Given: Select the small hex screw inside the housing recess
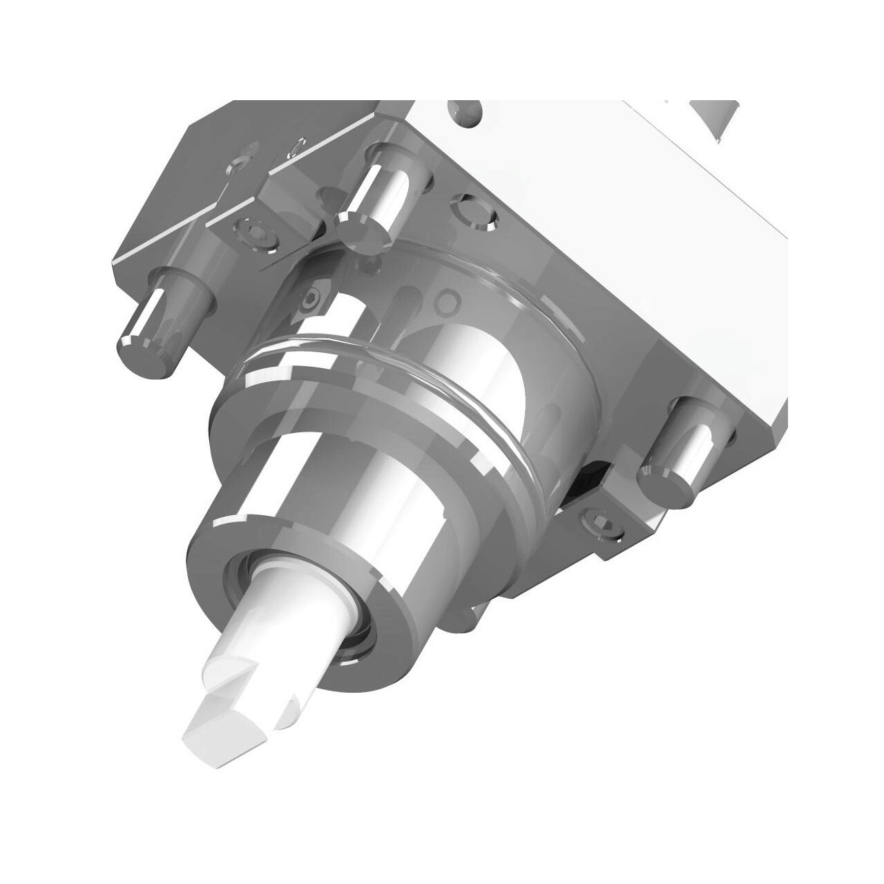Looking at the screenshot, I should click(x=311, y=299).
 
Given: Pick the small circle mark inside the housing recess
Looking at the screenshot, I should click(x=450, y=301).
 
